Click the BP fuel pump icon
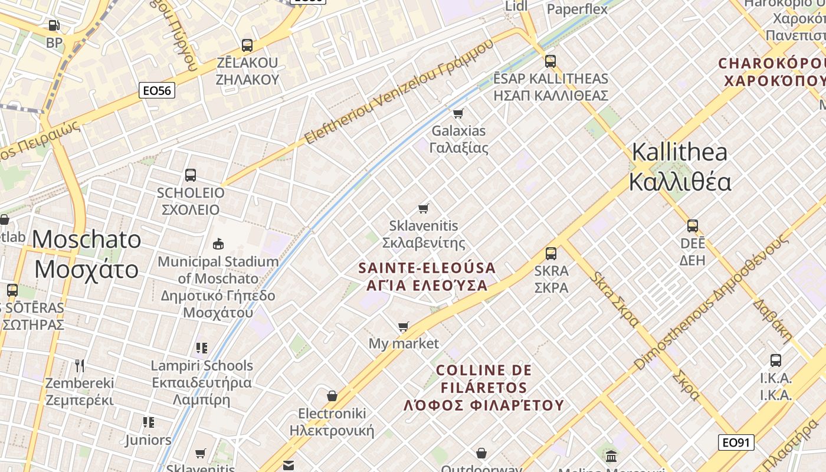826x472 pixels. point(54,25)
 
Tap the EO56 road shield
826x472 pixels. point(157,90)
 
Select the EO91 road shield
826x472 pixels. point(736,442)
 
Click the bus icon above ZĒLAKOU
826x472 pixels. point(247,45)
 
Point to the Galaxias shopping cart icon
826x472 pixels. point(458,113)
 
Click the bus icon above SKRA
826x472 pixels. point(550,253)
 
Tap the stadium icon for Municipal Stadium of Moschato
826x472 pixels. point(218,244)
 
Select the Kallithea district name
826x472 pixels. point(680,167)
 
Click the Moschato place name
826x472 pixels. point(87,254)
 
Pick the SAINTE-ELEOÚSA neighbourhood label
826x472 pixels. point(427,277)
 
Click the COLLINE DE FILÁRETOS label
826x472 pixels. point(484,388)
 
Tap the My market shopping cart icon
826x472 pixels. point(404,326)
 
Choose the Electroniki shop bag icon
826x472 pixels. point(332,396)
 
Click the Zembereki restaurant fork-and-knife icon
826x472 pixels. point(80,365)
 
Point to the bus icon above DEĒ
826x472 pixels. point(692,225)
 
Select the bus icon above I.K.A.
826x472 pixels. point(776,360)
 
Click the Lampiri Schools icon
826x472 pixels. point(202,348)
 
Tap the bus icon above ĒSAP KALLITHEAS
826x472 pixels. point(550,61)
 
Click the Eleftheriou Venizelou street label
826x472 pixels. point(399,92)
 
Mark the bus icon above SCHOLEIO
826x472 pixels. point(190,175)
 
